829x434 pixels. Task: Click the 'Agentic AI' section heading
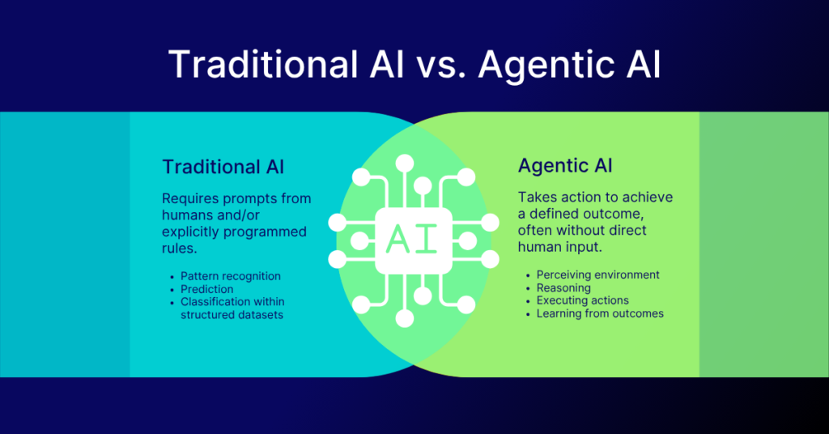tap(565, 166)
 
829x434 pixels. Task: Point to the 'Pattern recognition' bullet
tap(231, 276)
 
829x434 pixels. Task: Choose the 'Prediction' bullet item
tap(207, 289)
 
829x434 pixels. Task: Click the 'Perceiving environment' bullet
tap(598, 274)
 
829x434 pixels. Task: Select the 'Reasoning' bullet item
tap(563, 287)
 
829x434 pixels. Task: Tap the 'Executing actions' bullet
tap(583, 300)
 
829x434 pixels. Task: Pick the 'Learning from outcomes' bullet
tap(600, 313)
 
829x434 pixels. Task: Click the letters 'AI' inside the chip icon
tap(414, 238)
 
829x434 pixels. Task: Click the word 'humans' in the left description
tap(189, 215)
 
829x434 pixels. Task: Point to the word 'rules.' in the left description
tap(181, 249)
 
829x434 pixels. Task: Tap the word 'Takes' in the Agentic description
tap(537, 198)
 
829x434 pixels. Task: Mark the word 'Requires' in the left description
tap(191, 198)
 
